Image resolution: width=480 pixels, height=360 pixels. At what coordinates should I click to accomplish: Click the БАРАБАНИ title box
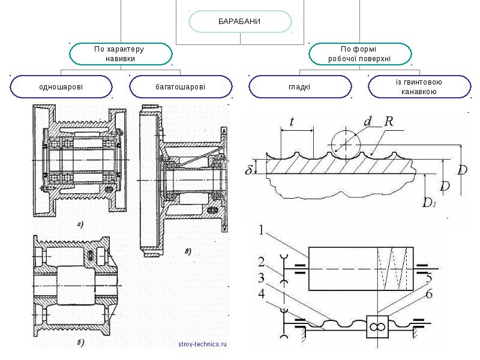click(240, 22)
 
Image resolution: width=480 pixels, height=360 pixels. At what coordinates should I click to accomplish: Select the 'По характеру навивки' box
click(121, 54)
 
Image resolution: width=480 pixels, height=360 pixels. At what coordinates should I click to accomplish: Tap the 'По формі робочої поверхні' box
click(359, 54)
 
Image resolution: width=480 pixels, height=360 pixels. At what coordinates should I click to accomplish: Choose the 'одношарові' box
click(61, 86)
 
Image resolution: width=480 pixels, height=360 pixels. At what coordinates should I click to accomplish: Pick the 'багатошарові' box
click(181, 86)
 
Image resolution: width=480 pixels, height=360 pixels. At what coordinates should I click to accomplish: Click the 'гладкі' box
click(300, 86)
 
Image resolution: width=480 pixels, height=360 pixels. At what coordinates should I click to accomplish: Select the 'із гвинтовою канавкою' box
click(419, 86)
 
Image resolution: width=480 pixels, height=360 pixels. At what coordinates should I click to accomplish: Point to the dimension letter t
click(292, 122)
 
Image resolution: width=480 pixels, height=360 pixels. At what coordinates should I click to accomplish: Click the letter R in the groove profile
click(389, 122)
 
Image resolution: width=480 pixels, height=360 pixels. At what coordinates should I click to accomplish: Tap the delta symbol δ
click(248, 170)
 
